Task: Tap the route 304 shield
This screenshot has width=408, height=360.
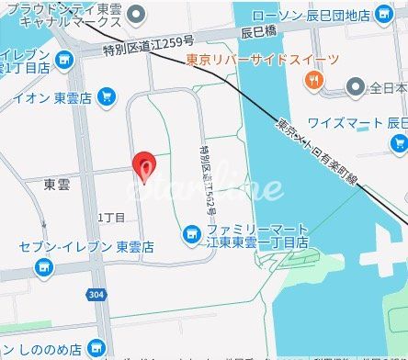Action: pos(97,295)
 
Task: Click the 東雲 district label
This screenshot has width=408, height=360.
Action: pos(58,185)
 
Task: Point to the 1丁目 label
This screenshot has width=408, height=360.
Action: pos(111,217)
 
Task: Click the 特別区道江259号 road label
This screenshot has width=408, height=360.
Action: pos(150,41)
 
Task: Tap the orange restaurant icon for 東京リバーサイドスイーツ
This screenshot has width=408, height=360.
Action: pos(315,80)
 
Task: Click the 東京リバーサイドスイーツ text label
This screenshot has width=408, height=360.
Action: pos(261,61)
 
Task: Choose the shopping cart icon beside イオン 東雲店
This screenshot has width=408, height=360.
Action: pos(107,95)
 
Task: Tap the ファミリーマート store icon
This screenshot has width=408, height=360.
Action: pos(191,232)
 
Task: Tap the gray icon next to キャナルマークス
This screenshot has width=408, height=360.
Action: pos(137,14)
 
